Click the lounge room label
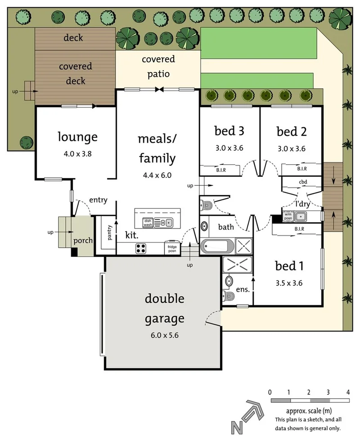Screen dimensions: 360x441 [77, 137]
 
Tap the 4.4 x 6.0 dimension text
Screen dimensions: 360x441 [157, 175]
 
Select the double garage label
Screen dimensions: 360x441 [165, 309]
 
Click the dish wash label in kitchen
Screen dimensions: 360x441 [148, 223]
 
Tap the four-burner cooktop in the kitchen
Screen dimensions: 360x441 [140, 248]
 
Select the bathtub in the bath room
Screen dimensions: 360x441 [217, 247]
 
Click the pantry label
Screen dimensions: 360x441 [109, 232]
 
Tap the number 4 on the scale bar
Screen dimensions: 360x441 [348, 392]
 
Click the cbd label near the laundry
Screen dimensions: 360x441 [303, 182]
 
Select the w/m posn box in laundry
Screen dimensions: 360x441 [288, 216]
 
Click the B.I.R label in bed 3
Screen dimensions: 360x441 [221, 170]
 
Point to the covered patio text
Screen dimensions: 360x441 [158, 67]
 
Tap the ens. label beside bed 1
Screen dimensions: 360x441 [243, 289]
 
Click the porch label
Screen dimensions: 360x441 [83, 241]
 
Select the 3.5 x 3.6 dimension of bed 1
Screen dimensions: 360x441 [289, 283]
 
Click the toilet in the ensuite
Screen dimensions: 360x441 [228, 296]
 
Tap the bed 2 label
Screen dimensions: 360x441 [292, 131]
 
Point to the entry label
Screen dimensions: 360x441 [98, 200]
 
